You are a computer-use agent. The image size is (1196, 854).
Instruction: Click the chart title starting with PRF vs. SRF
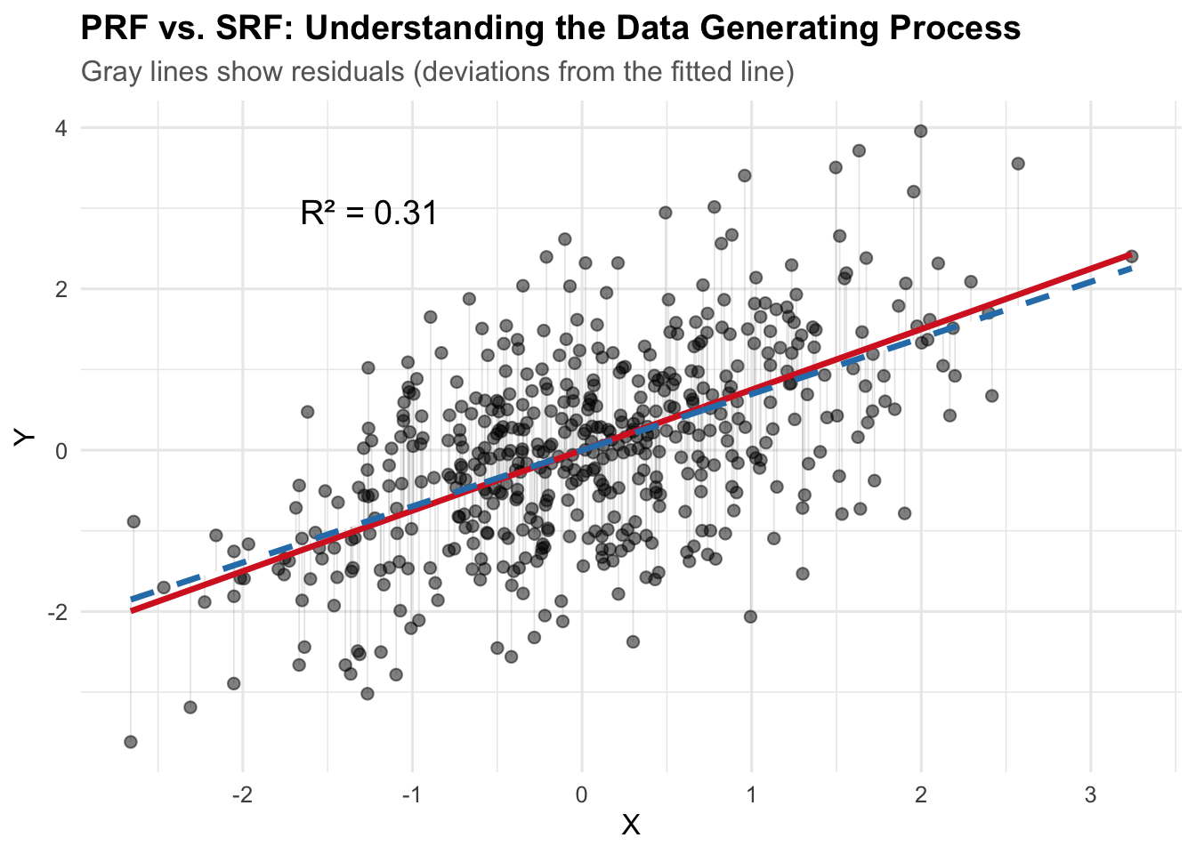pos(550,28)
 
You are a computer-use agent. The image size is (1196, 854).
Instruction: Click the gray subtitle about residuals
pos(437,71)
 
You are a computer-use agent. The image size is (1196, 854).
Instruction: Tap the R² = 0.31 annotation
pos(369,213)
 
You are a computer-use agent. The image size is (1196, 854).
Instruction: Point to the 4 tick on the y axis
pos(61,128)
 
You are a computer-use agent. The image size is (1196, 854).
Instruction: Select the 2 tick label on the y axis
pos(61,289)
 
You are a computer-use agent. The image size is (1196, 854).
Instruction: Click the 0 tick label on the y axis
pos(61,451)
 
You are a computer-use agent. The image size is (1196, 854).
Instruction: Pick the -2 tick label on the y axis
pos(57,612)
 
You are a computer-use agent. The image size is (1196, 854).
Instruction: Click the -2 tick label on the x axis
pos(241,794)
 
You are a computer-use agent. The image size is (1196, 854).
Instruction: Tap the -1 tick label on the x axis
pos(411,794)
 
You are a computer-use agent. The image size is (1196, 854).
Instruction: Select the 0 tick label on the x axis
pos(582,794)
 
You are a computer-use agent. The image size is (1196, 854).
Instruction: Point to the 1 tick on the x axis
pos(752,794)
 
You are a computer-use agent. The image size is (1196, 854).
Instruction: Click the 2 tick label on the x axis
pos(921,794)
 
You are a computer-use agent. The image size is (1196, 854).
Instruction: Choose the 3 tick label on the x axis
pos(1091,794)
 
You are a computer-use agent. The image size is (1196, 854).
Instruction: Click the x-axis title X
pos(631,826)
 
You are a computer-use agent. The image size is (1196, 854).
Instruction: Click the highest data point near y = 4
pos(921,131)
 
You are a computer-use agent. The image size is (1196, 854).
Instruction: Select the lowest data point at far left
pos(131,742)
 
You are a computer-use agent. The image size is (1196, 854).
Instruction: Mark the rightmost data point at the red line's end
pos(1131,256)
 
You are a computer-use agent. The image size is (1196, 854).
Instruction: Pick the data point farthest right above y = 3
pos(1018,164)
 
